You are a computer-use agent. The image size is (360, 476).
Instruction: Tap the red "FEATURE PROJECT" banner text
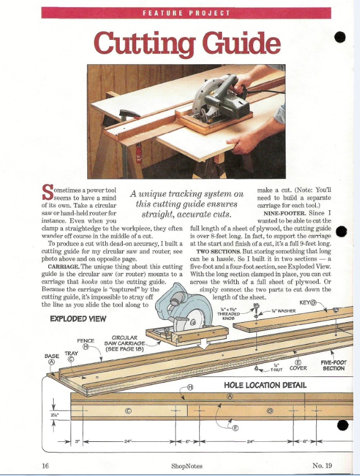tap(187, 13)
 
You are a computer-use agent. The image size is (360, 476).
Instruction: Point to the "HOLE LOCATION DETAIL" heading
tap(265, 385)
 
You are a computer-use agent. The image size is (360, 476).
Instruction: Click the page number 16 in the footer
tap(46, 465)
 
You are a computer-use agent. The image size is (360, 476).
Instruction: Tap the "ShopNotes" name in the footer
tap(187, 466)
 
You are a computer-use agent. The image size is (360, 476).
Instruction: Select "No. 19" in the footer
tap(322, 465)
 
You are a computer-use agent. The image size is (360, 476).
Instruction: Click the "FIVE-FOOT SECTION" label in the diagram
tap(333, 365)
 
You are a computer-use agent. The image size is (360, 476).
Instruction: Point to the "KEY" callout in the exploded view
tap(305, 303)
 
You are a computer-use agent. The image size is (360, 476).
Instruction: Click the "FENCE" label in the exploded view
tap(86, 340)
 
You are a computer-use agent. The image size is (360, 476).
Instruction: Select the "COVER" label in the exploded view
tap(298, 369)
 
